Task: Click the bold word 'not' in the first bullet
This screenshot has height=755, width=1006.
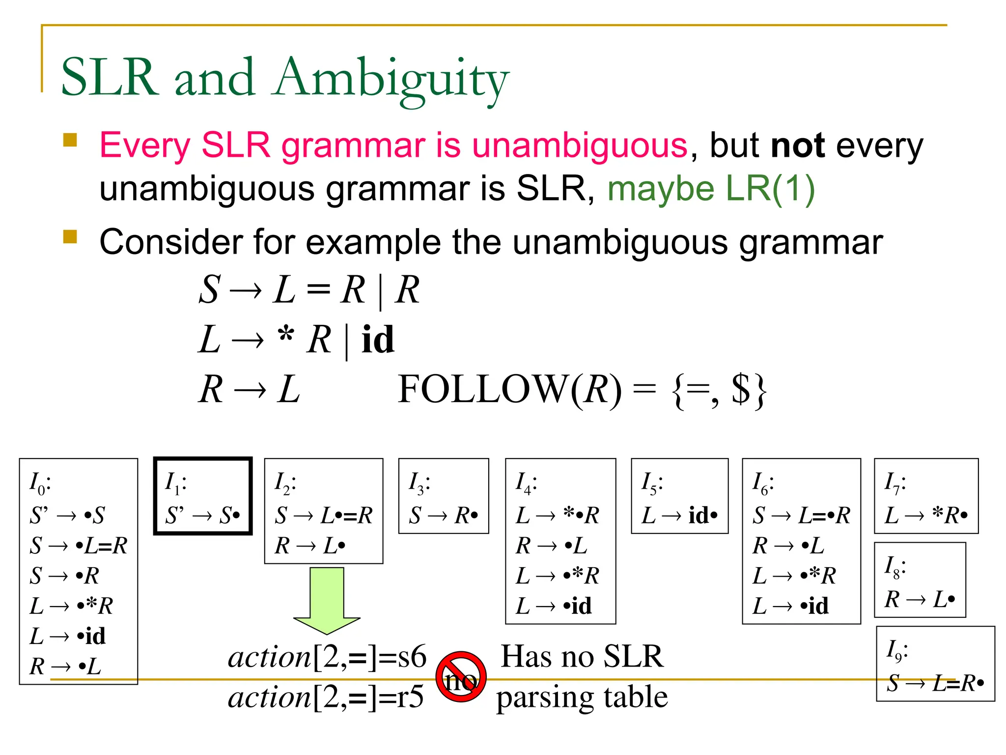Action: point(797,146)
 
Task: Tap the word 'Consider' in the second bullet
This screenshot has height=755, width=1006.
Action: point(171,242)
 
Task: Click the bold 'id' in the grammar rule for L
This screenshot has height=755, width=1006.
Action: point(378,340)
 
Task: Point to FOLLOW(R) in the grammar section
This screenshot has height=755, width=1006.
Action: point(509,390)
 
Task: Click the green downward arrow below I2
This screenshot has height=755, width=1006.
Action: point(327,600)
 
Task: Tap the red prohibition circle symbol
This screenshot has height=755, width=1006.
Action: point(461,677)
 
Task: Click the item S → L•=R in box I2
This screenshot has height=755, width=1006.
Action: point(323,516)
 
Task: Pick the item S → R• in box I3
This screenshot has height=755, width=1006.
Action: point(443,516)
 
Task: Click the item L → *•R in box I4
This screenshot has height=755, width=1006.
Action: point(557,516)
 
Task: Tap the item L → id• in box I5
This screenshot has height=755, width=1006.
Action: point(679,516)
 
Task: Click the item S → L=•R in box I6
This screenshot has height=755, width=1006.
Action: point(801,516)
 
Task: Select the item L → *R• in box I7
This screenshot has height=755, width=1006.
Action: point(925,516)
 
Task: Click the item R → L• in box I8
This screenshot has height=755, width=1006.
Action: point(920,599)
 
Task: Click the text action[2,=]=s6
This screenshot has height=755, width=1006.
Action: point(327,657)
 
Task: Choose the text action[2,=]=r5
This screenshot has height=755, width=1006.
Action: point(326,697)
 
